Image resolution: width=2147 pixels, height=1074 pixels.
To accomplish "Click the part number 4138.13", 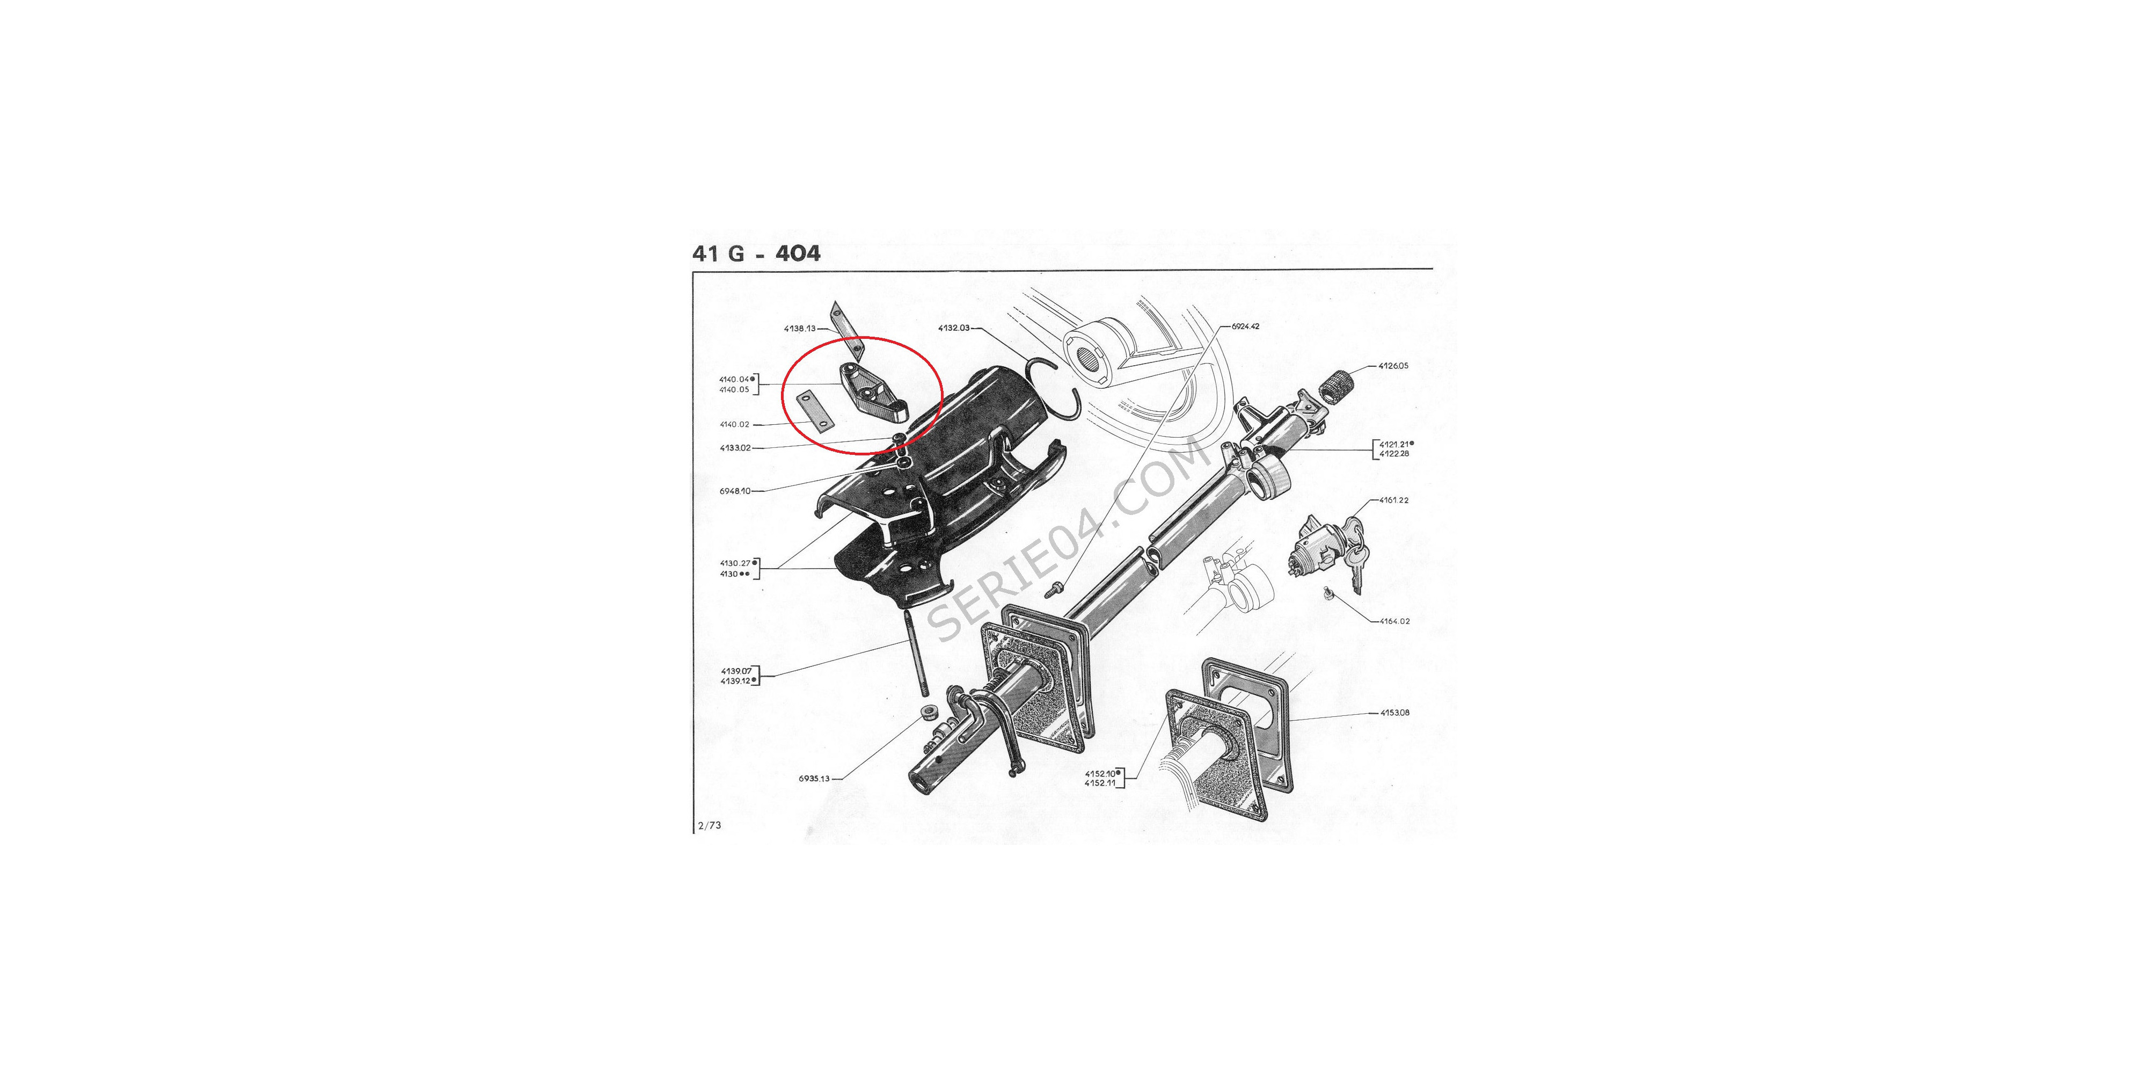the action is click(799, 329).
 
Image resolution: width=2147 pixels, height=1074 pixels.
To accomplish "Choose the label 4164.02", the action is click(1394, 621).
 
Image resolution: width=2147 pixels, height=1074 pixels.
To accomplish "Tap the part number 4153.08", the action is click(1394, 713).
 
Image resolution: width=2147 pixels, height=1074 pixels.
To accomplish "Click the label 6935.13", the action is click(814, 779).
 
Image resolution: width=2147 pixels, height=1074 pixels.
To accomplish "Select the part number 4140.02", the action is click(734, 424).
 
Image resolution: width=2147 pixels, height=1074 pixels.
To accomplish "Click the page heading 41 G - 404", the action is click(756, 253).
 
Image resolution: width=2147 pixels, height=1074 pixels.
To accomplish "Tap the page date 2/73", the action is click(709, 825).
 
